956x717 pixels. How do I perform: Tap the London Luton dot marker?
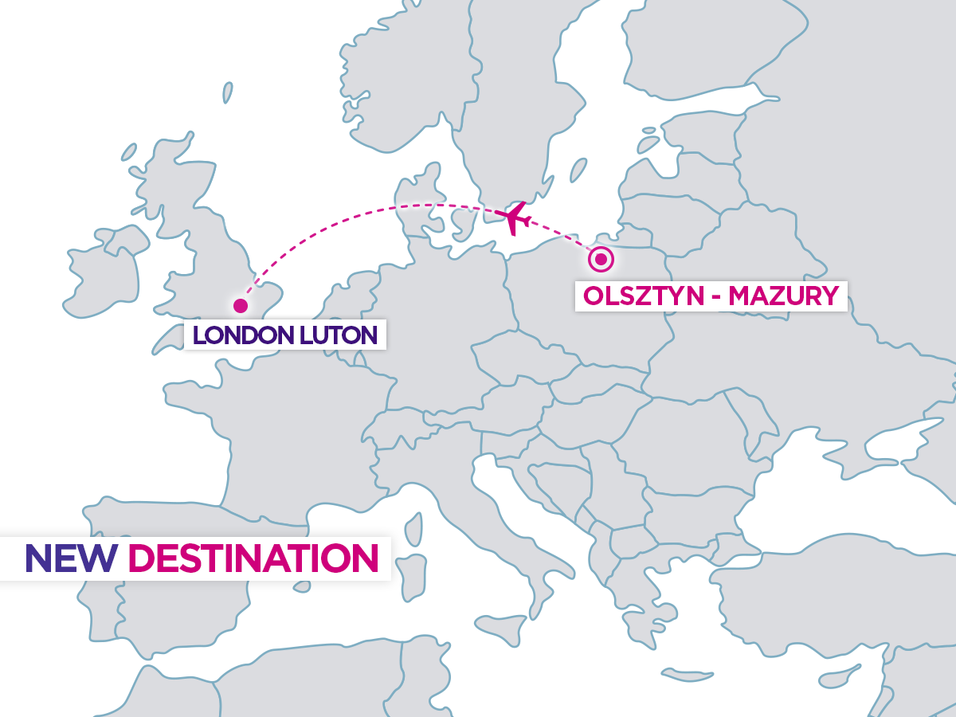coord(240,305)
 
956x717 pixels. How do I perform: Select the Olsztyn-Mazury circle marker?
coord(601,259)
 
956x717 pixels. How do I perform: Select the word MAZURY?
coord(784,296)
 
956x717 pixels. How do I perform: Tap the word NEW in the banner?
coord(70,558)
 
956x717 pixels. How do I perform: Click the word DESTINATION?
coord(252,558)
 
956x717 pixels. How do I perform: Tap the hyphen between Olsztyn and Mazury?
coord(714,296)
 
